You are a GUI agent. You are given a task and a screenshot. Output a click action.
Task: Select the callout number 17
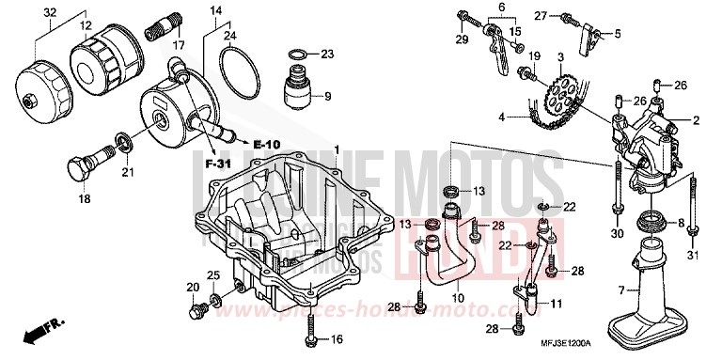point(179,45)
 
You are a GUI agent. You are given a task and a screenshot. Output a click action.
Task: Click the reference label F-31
point(218,164)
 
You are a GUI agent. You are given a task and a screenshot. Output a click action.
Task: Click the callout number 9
point(327,97)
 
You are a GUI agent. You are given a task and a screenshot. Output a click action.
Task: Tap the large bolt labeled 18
point(78,169)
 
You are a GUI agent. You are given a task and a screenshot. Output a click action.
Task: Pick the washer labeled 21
point(121,143)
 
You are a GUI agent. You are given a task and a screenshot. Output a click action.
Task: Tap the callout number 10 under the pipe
point(458,299)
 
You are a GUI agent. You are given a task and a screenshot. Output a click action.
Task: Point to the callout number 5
point(618,34)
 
